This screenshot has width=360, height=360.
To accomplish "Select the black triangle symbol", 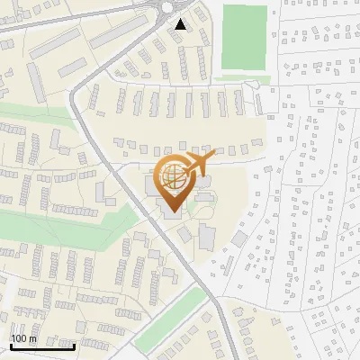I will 182,24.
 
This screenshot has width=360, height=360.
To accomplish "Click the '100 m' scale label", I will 23,339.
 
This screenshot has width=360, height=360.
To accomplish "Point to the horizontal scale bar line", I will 41,346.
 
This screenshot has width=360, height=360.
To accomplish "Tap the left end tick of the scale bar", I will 10,344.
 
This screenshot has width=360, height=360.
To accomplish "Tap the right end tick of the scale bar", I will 74,344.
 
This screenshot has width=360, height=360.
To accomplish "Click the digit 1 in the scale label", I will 13,339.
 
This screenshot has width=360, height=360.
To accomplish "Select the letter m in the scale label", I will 34,339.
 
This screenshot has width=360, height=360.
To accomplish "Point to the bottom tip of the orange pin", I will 173,211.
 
